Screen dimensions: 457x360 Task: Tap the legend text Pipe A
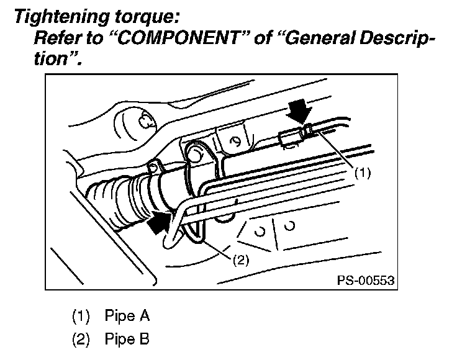[x=127, y=317]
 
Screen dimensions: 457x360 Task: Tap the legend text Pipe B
[x=127, y=340]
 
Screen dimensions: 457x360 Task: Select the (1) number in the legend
[x=81, y=317]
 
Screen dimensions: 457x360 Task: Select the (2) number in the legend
[x=81, y=340]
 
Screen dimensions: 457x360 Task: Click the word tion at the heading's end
[x=57, y=60]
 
